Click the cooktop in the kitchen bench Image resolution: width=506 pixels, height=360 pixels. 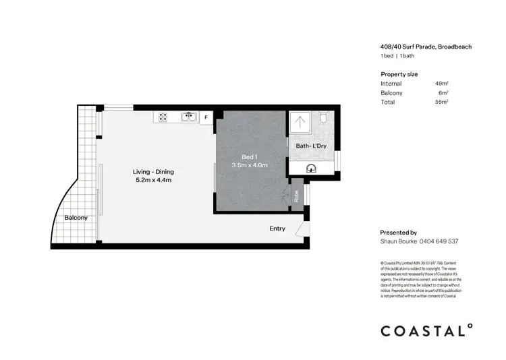coord(163,117)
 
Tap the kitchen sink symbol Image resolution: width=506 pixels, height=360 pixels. coord(188,117)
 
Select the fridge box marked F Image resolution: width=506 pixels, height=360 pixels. coord(206,118)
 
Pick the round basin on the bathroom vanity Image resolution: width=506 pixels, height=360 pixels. coord(311,169)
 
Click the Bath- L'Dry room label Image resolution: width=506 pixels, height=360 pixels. coord(311,146)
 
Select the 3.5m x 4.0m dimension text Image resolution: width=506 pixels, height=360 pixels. coord(250,165)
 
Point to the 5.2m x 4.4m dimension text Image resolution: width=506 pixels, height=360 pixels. coord(154,180)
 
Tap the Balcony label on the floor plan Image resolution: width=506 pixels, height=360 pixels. coord(76,218)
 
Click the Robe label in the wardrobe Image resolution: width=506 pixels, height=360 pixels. coord(296,196)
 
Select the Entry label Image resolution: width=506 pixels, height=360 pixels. coord(277,229)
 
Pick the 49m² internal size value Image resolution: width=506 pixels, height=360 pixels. coord(442,84)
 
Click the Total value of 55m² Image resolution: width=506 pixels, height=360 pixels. coord(442,102)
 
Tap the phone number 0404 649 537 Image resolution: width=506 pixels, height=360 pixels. coord(439,241)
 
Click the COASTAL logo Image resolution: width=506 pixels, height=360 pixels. coord(426,330)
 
